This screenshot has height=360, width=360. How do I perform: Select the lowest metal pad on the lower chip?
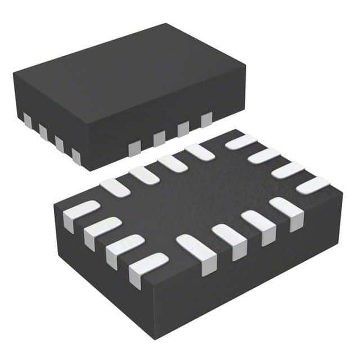pyautogui.click(x=147, y=268)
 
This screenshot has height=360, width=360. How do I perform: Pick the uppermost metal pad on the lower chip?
pyautogui.click(x=240, y=142)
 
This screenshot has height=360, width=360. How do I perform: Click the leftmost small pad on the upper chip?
pyautogui.click(x=26, y=119)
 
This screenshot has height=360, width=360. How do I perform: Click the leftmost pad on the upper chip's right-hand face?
pyautogui.click(x=134, y=148)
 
